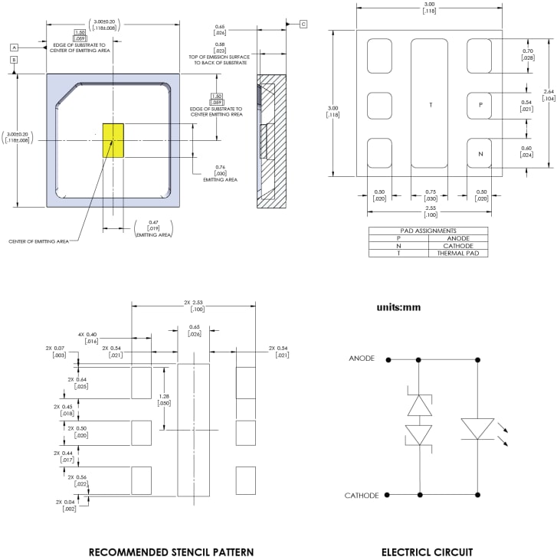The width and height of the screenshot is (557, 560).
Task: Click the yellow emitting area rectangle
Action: point(113,139)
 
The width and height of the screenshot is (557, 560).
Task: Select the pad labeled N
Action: point(480,153)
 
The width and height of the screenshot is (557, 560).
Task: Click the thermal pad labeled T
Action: point(430,104)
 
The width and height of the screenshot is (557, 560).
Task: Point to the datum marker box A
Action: point(14,47)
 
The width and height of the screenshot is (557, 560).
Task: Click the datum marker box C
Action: point(303,25)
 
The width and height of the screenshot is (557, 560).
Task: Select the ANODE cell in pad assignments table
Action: point(457,237)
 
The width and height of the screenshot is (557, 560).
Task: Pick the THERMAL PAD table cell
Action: point(457,253)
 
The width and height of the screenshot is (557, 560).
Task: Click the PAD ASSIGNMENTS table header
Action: point(428,230)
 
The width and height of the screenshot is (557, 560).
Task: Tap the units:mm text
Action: point(398,307)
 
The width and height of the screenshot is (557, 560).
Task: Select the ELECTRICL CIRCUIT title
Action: point(428,552)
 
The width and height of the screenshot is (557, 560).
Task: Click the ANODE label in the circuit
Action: point(362,359)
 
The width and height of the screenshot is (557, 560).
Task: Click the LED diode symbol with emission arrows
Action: point(478,428)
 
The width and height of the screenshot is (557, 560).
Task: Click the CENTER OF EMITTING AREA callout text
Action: point(38,241)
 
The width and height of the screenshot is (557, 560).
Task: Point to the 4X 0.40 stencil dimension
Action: point(87,338)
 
